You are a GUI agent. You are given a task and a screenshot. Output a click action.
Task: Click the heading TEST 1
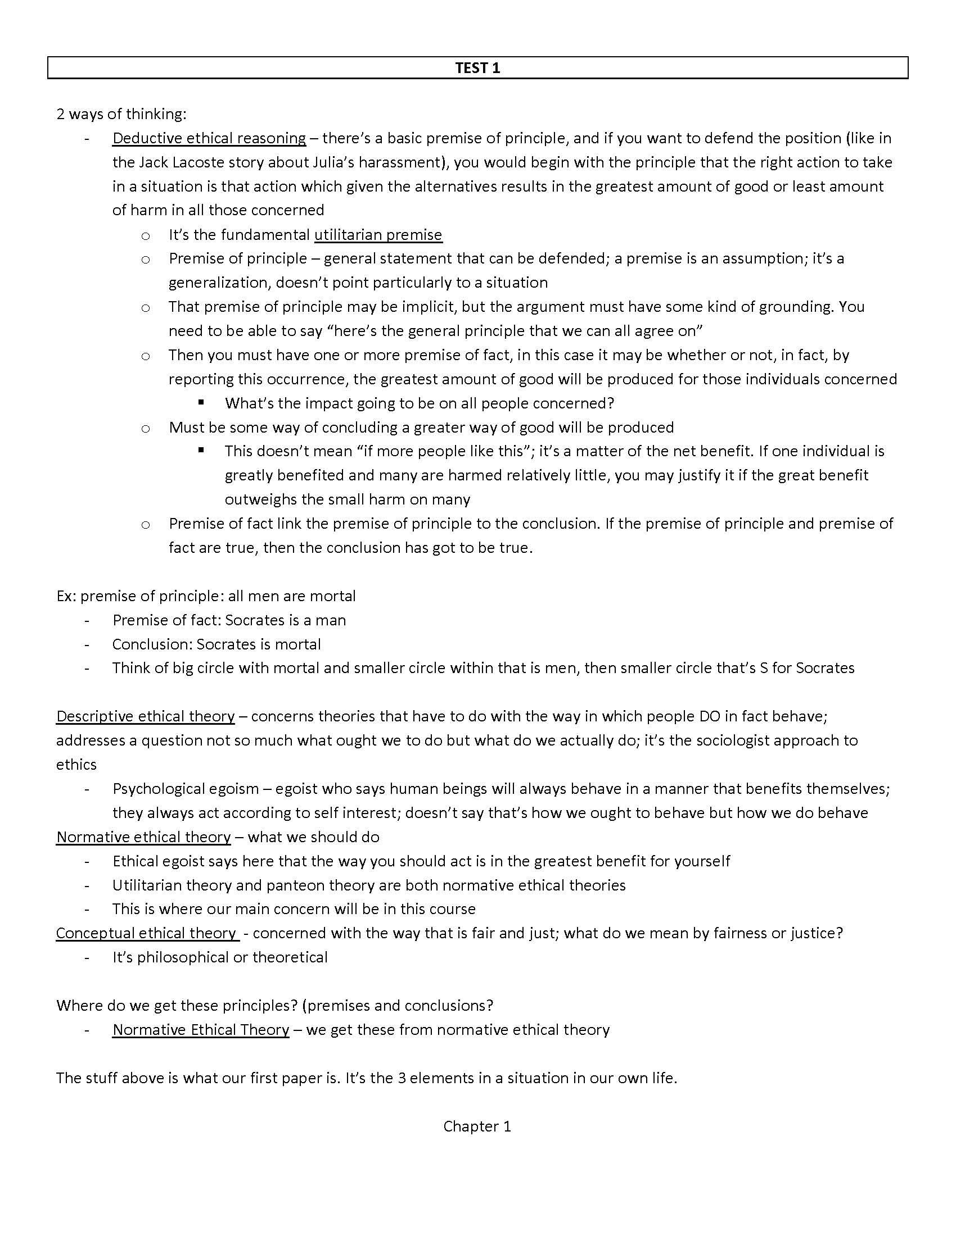(477, 68)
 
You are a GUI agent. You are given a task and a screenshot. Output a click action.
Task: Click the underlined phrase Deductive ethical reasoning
(209, 138)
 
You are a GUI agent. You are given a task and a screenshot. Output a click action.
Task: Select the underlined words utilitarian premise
(378, 234)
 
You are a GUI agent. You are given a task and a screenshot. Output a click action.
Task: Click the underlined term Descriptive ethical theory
(145, 716)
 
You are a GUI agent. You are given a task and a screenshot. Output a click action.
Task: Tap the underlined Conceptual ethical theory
(146, 933)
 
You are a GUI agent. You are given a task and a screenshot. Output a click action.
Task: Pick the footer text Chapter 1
(477, 1126)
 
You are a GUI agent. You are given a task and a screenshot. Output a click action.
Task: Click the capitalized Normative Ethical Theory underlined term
(201, 1029)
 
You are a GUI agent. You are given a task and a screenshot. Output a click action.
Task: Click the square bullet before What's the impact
(201, 403)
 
